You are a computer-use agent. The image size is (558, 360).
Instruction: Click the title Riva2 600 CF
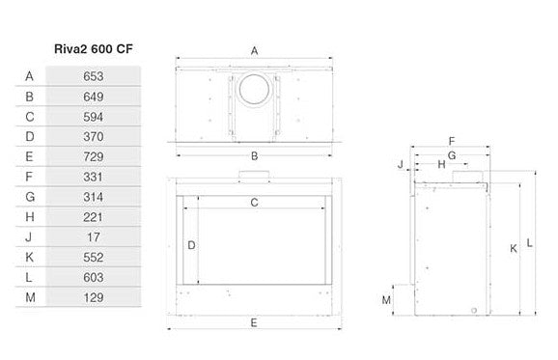[x=94, y=48]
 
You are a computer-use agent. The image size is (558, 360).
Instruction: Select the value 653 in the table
[x=94, y=76]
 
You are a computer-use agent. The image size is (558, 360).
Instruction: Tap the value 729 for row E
[x=94, y=156]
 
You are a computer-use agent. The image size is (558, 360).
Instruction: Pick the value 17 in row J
[x=94, y=236]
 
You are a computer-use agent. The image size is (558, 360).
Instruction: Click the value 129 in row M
[x=94, y=297]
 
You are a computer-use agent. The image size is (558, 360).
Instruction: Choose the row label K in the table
[x=30, y=257]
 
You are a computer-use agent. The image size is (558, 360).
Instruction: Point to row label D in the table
[x=30, y=136]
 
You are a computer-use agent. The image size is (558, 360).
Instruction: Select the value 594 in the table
[x=94, y=117]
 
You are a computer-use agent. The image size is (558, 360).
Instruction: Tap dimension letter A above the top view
[x=254, y=51]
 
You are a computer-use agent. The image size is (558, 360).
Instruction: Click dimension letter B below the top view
[x=255, y=155]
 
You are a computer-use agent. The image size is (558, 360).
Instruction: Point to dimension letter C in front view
[x=254, y=203]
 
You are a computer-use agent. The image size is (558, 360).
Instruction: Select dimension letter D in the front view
[x=191, y=245]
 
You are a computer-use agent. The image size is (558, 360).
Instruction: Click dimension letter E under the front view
[x=254, y=322]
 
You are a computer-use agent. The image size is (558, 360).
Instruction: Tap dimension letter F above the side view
[x=452, y=141]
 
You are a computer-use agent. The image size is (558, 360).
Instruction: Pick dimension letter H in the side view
[x=441, y=164]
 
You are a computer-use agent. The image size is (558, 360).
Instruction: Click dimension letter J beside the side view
[x=401, y=164]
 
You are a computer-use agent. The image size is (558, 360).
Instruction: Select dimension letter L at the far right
[x=530, y=243]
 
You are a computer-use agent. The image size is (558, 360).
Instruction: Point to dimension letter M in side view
[x=386, y=300]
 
